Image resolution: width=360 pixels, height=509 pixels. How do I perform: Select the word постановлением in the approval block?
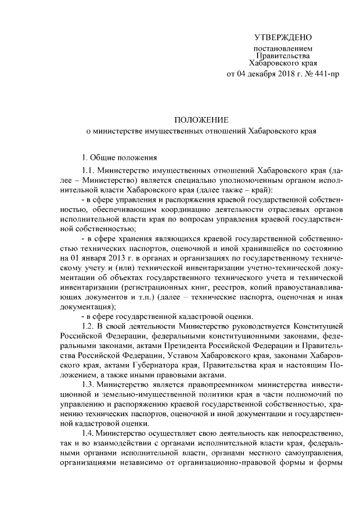point(282,49)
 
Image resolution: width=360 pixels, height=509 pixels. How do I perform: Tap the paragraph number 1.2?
point(89,327)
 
